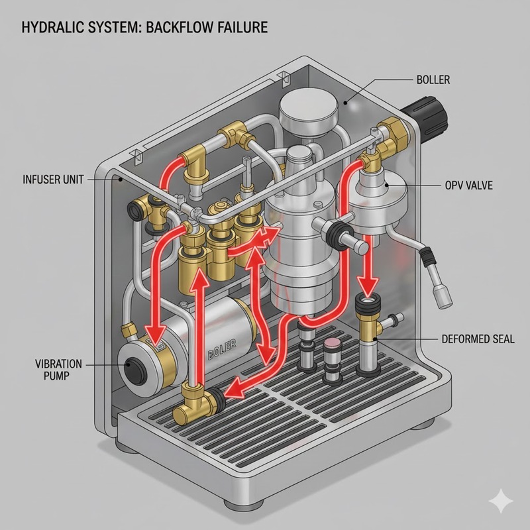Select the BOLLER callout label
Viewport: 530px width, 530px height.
pyautogui.click(x=433, y=80)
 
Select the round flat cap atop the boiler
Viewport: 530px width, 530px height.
pyautogui.click(x=309, y=106)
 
